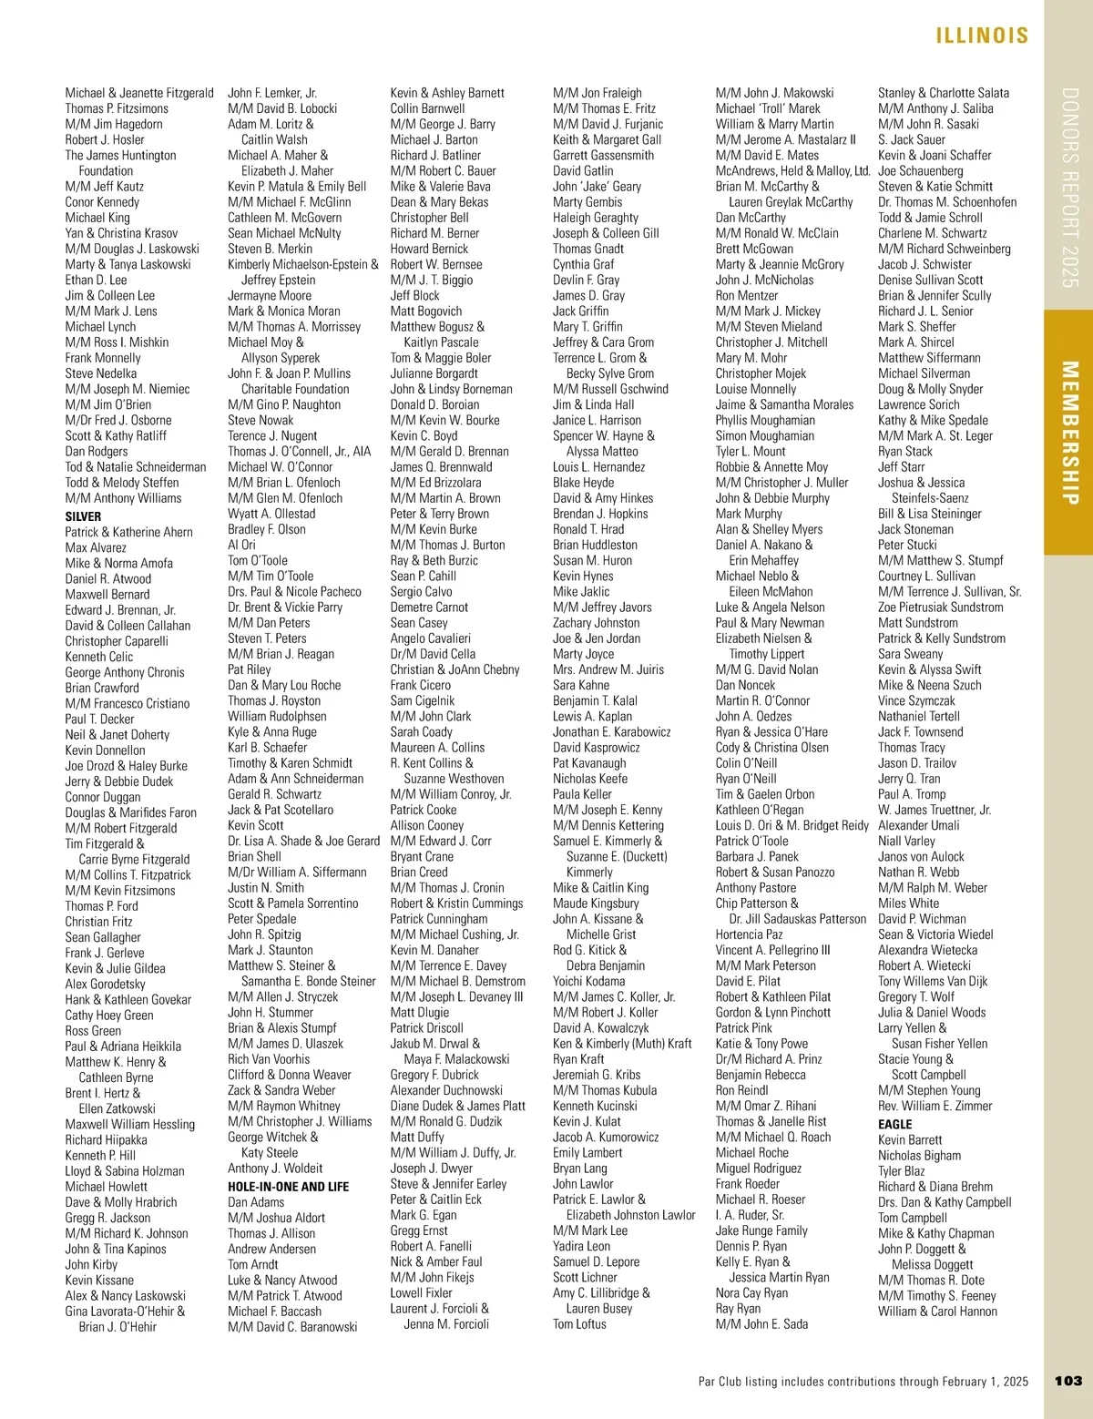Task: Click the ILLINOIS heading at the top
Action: coord(982,36)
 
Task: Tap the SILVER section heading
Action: coord(83,516)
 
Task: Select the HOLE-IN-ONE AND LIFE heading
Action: coord(288,1187)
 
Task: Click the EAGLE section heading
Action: coord(894,1124)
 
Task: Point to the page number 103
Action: coord(1068,1381)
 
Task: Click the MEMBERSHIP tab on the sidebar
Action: coord(1069,433)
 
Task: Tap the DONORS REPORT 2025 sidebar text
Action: coord(1069,188)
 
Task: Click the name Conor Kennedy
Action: coord(102,202)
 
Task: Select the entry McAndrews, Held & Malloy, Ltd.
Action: coord(792,170)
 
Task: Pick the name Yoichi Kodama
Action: coord(588,981)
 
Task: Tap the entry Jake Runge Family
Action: coord(761,1230)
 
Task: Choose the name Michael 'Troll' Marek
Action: coord(768,108)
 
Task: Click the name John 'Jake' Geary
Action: coord(597,186)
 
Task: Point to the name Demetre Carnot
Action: coord(429,607)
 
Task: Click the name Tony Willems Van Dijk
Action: coord(933,981)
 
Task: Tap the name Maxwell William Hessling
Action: coord(130,1124)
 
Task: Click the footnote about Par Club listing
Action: coord(863,1381)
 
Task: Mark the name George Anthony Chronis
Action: coord(125,672)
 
